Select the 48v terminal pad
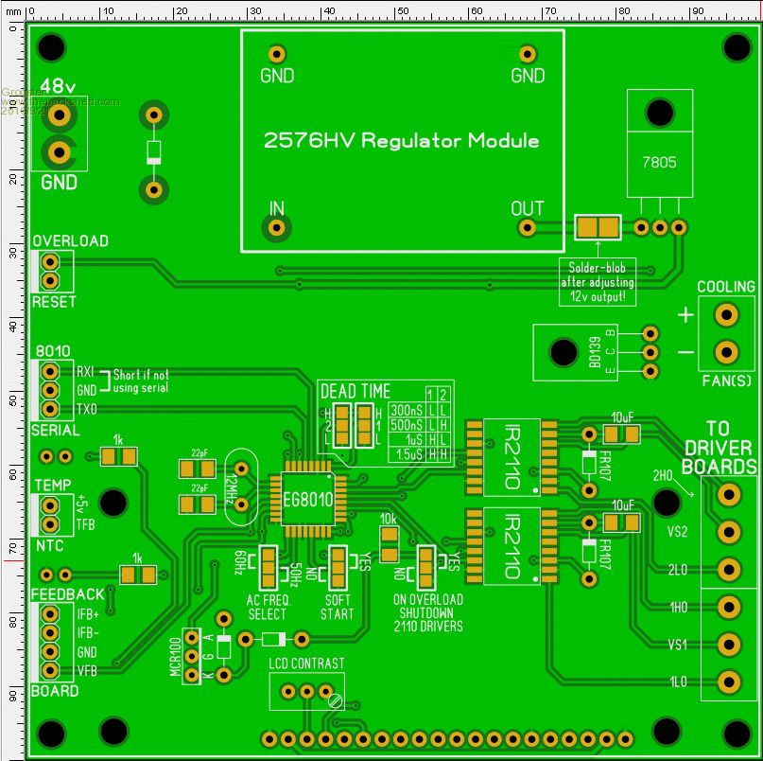click(61, 115)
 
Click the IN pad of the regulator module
click(276, 228)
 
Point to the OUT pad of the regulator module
click(528, 228)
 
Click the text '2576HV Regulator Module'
click(402, 141)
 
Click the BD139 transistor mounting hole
click(564, 353)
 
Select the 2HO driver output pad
click(728, 494)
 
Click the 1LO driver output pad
click(728, 681)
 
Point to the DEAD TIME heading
click(355, 391)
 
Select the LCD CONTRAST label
click(306, 664)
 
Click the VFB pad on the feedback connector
click(50, 671)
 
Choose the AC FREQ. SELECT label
click(268, 608)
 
